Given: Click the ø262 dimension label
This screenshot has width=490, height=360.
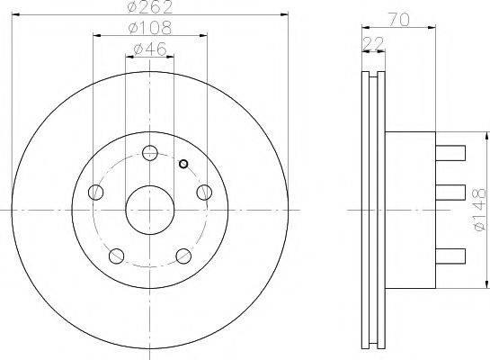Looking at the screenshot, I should point(149,8).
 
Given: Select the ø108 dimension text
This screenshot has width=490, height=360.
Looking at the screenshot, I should point(149,29).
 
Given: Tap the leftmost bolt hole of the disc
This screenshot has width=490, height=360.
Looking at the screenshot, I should point(94,192).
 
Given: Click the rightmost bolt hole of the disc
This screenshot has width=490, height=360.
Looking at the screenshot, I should point(204,192).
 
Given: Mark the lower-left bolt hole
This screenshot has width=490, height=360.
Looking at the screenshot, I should point(115,255).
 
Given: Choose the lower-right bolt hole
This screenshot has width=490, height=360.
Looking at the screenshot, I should point(183,255).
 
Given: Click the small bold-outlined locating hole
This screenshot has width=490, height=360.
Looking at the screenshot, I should point(183,164).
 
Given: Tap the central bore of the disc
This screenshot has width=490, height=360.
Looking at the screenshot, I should point(149,211).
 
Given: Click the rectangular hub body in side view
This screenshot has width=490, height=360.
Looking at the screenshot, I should point(410,211).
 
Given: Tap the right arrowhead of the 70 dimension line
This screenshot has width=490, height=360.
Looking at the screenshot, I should point(433,26).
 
